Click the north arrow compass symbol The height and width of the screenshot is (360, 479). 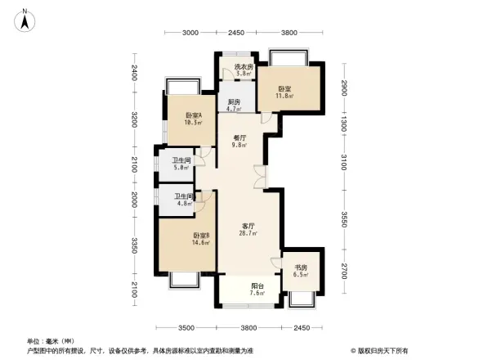(25, 19)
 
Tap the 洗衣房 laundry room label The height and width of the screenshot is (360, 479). (243, 70)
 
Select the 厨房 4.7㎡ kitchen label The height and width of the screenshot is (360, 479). (233, 105)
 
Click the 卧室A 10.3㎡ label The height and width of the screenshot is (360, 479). (194, 119)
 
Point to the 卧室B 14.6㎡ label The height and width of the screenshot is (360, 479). (201, 239)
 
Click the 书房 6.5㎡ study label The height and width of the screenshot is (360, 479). (302, 272)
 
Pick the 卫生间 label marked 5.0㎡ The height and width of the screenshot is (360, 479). (181, 164)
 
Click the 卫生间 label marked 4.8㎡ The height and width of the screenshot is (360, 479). (183, 200)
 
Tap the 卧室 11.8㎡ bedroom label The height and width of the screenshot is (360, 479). (284, 92)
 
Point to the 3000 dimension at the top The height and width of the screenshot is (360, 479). (190, 33)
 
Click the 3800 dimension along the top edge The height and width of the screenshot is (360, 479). (289, 33)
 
